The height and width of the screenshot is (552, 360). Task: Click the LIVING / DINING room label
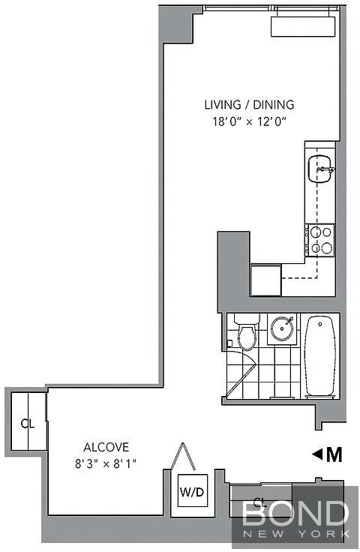(x=249, y=104)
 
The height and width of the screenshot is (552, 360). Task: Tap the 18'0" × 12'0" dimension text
(x=249, y=121)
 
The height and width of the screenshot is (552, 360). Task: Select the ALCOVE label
(x=106, y=447)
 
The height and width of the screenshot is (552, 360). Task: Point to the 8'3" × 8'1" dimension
(x=106, y=464)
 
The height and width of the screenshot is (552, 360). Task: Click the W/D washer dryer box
(x=192, y=490)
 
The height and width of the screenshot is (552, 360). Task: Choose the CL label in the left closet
(x=28, y=424)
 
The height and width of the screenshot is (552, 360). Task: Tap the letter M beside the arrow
(x=334, y=454)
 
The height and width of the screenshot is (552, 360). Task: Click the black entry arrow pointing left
(x=317, y=454)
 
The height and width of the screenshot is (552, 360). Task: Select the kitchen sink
(x=319, y=169)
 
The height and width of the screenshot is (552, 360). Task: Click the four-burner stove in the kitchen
(x=320, y=240)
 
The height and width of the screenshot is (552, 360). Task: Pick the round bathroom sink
(x=282, y=328)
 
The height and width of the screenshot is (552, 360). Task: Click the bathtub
(x=319, y=356)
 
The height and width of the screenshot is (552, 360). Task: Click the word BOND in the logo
(x=295, y=513)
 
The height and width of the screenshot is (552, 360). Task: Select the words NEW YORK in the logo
(x=296, y=534)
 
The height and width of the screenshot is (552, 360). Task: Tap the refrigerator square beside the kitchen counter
(x=265, y=280)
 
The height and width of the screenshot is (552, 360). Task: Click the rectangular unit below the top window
(x=303, y=26)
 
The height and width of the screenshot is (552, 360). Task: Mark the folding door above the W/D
(x=183, y=456)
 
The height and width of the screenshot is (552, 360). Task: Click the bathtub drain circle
(x=320, y=323)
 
